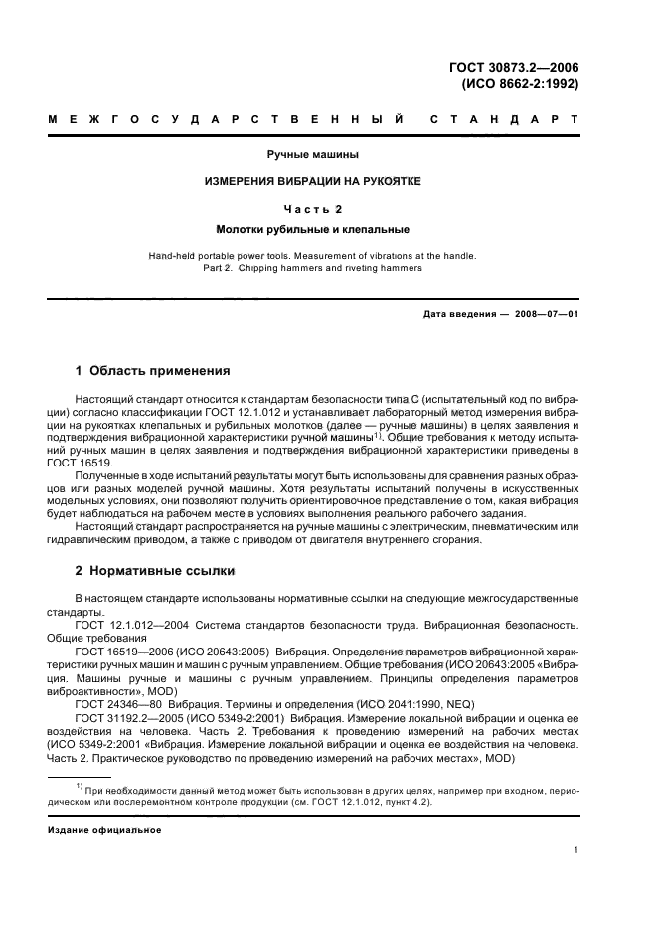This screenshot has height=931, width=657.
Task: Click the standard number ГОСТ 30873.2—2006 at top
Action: [513, 68]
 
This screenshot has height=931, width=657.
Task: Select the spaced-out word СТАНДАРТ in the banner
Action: [504, 120]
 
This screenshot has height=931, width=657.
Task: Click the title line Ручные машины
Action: [312, 155]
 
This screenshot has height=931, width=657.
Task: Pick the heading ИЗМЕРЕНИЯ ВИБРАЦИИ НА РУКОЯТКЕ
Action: [312, 182]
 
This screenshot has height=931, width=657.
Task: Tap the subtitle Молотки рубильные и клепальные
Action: [312, 228]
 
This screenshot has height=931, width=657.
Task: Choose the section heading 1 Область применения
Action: [153, 371]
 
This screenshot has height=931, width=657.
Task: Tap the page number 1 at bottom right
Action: [576, 850]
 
